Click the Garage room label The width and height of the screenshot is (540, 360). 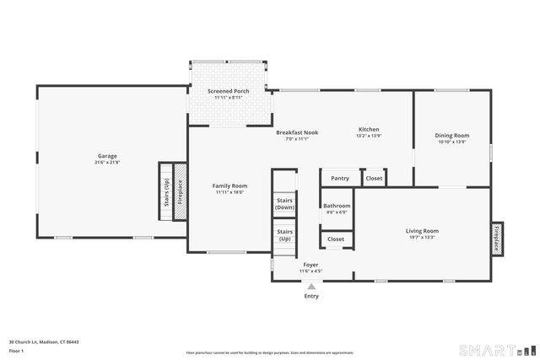(107, 156)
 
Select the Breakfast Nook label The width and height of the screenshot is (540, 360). (298, 132)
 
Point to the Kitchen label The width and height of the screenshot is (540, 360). (369, 129)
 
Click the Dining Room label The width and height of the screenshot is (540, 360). (452, 136)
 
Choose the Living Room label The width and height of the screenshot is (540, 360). (422, 231)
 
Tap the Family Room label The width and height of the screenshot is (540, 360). (229, 185)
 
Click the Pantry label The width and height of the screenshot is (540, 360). (340, 178)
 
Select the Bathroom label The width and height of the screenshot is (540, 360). (337, 207)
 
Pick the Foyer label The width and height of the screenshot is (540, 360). (311, 265)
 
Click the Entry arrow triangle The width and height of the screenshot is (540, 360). (311, 287)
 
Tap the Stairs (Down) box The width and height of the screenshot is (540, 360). (285, 203)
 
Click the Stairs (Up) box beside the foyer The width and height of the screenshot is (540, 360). (285, 234)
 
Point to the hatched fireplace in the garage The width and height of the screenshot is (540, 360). (179, 192)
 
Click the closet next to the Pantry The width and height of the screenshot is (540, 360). (374, 178)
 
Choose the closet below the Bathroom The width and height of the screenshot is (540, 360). (336, 239)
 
